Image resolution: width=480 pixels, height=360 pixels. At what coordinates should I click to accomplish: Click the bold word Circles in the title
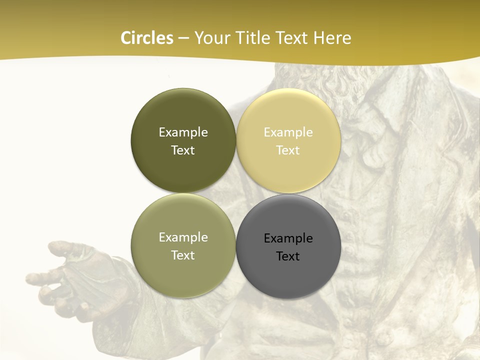147,38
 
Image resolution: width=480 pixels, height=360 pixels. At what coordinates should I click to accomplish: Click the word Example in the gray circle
288,238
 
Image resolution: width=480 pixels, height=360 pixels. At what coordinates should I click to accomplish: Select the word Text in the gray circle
288,256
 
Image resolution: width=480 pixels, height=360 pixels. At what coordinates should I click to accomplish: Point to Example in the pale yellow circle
288,132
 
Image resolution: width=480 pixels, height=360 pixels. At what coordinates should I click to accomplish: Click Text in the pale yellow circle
288,150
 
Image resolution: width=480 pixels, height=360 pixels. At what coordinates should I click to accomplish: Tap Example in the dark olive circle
183,132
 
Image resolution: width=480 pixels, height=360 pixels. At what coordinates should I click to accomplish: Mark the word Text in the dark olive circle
183,150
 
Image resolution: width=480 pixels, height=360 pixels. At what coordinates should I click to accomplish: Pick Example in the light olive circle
183,237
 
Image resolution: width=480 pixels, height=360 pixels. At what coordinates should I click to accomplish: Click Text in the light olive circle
183,255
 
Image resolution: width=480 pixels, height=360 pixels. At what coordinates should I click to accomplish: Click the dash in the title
183,38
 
